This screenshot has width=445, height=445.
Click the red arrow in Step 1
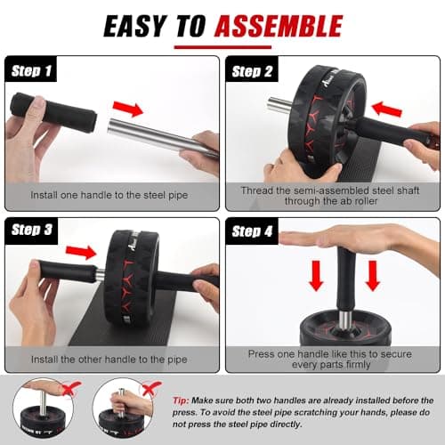127,109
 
